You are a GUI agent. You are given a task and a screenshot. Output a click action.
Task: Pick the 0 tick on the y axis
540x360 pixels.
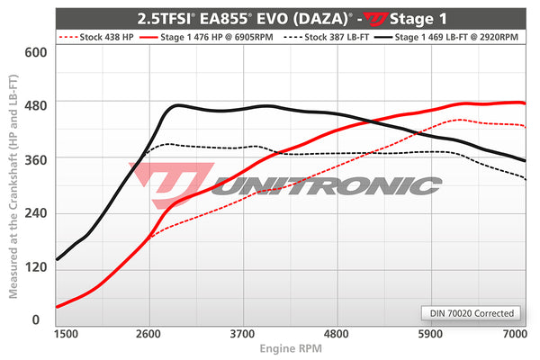pos(37,319)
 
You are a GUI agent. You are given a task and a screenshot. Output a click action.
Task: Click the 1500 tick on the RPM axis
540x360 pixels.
pos(66,333)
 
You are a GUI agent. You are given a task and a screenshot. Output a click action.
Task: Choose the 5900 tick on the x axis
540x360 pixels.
pos(431,333)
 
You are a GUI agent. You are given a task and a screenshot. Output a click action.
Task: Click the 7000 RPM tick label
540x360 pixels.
pos(514,333)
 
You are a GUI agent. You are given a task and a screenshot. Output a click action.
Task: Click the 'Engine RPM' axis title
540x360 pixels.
pos(291,347)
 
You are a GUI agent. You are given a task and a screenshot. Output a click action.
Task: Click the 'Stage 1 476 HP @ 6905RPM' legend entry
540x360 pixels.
pos(215,37)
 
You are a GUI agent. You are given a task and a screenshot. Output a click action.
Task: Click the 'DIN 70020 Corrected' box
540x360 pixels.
pos(471,313)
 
